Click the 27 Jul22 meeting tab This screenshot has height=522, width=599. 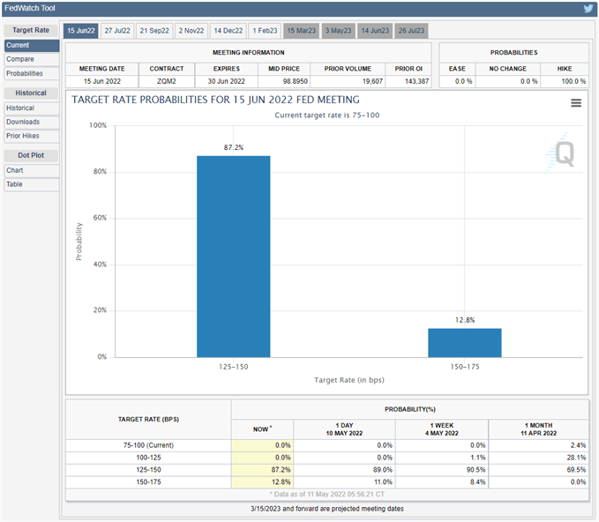pyautogui.click(x=116, y=30)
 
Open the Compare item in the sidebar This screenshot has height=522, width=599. pyautogui.click(x=20, y=59)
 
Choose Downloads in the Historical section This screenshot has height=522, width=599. pyautogui.click(x=23, y=122)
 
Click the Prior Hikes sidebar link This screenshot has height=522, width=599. pyautogui.click(x=24, y=136)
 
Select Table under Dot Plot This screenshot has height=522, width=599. pyautogui.click(x=15, y=184)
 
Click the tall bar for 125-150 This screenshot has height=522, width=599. pyautogui.click(x=233, y=256)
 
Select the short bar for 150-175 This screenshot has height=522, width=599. pyautogui.click(x=464, y=342)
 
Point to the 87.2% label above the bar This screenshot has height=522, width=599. pyautogui.click(x=233, y=146)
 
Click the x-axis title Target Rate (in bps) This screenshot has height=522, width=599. pyautogui.click(x=348, y=380)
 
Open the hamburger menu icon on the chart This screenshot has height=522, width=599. pyautogui.click(x=576, y=103)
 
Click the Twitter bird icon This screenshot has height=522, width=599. pyautogui.click(x=588, y=9)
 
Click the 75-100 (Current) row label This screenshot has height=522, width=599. pyautogui.click(x=147, y=445)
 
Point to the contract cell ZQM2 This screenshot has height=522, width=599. pyautogui.click(x=167, y=80)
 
